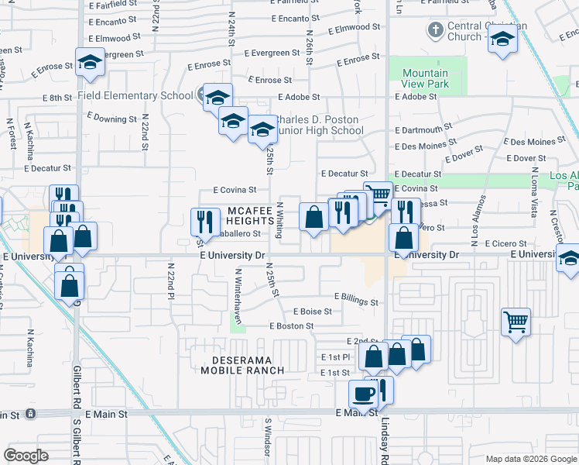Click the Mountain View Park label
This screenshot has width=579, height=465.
click(425, 78)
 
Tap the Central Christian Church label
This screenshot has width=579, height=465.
click(477, 31)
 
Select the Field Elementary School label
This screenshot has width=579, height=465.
click(135, 96)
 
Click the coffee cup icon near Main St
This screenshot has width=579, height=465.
click(364, 394)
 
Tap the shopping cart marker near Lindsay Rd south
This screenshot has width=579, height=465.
click(516, 320)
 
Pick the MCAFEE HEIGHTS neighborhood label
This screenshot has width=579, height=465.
click(251, 216)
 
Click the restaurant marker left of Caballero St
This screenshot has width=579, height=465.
click(204, 221)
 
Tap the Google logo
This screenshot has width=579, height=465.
click(26, 455)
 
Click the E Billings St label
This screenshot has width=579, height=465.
click(356, 297)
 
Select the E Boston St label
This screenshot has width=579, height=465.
click(291, 326)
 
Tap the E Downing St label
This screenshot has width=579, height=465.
click(111, 119)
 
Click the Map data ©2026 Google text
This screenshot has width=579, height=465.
click(529, 459)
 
